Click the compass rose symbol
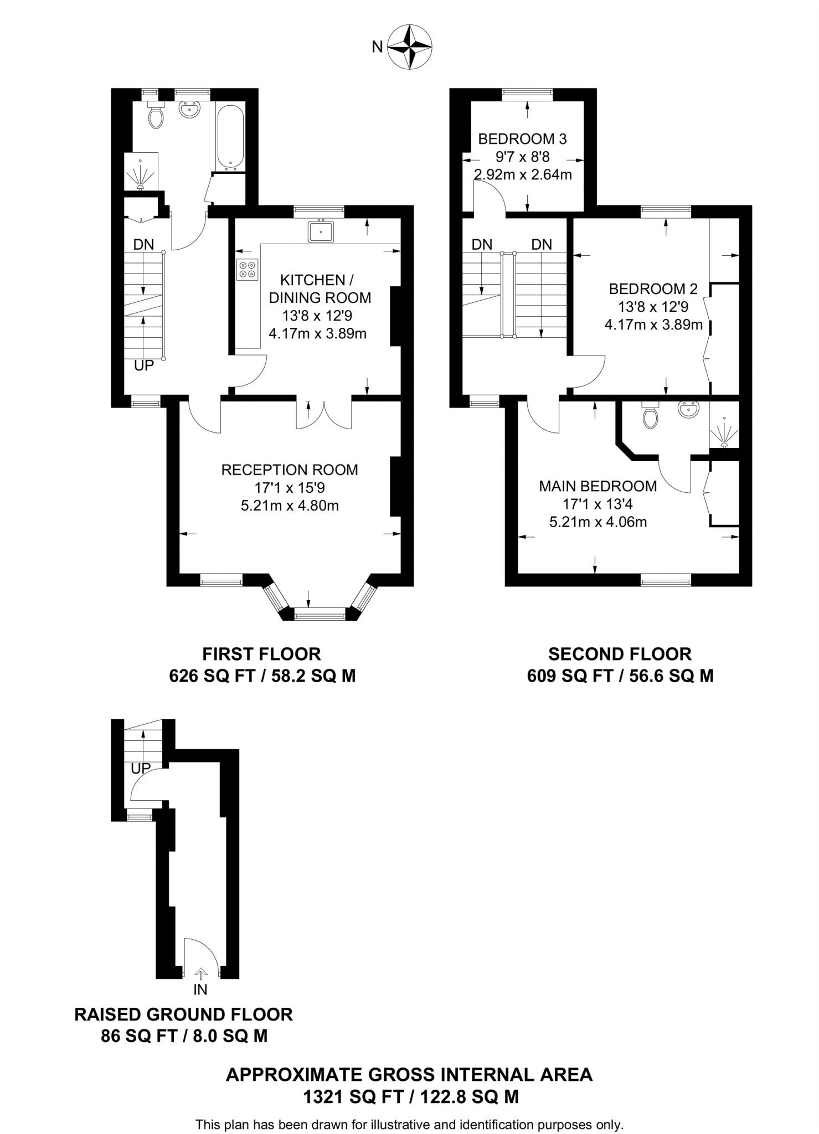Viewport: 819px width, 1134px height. [409, 47]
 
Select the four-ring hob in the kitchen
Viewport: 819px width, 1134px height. [247, 270]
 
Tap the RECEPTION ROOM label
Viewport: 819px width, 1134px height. [290, 470]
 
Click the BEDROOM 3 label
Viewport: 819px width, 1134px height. [522, 138]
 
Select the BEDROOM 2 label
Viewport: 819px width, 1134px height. [653, 288]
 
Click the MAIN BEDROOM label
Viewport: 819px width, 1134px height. [598, 486]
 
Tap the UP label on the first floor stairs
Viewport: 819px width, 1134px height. [144, 365]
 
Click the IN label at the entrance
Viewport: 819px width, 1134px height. [200, 989]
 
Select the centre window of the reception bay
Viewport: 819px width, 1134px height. [320, 614]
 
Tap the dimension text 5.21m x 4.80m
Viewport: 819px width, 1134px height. [290, 506]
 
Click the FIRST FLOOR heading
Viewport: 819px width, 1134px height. [261, 654]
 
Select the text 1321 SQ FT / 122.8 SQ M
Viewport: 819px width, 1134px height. [410, 1097]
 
